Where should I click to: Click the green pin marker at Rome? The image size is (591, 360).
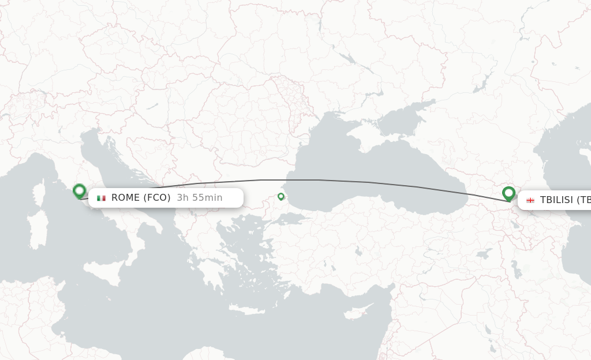pyautogui.click(x=80, y=191)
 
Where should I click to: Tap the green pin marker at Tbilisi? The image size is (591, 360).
pyautogui.click(x=508, y=193)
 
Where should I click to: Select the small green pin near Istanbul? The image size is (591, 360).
pyautogui.click(x=281, y=197)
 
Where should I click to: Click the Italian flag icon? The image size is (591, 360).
pyautogui.click(x=102, y=198)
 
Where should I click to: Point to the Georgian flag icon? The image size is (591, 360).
pyautogui.click(x=530, y=200)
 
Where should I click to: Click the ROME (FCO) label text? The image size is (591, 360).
pyautogui.click(x=141, y=198)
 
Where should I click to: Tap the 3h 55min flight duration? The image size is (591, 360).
pyautogui.click(x=200, y=198)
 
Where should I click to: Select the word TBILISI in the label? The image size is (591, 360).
pyautogui.click(x=556, y=200)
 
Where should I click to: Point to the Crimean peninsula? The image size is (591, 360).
pyautogui.click(x=369, y=133)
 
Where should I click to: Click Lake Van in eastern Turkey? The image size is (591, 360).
pyautogui.click(x=485, y=254)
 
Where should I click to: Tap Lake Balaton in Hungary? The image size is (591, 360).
pyautogui.click(x=152, y=106)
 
